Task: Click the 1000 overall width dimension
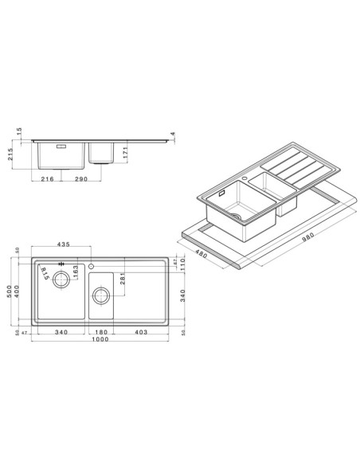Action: tap(99, 340)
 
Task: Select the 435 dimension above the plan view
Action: tap(63, 244)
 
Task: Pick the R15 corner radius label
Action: tap(47, 275)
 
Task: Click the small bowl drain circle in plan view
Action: tap(101, 297)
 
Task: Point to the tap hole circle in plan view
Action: tap(92, 265)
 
